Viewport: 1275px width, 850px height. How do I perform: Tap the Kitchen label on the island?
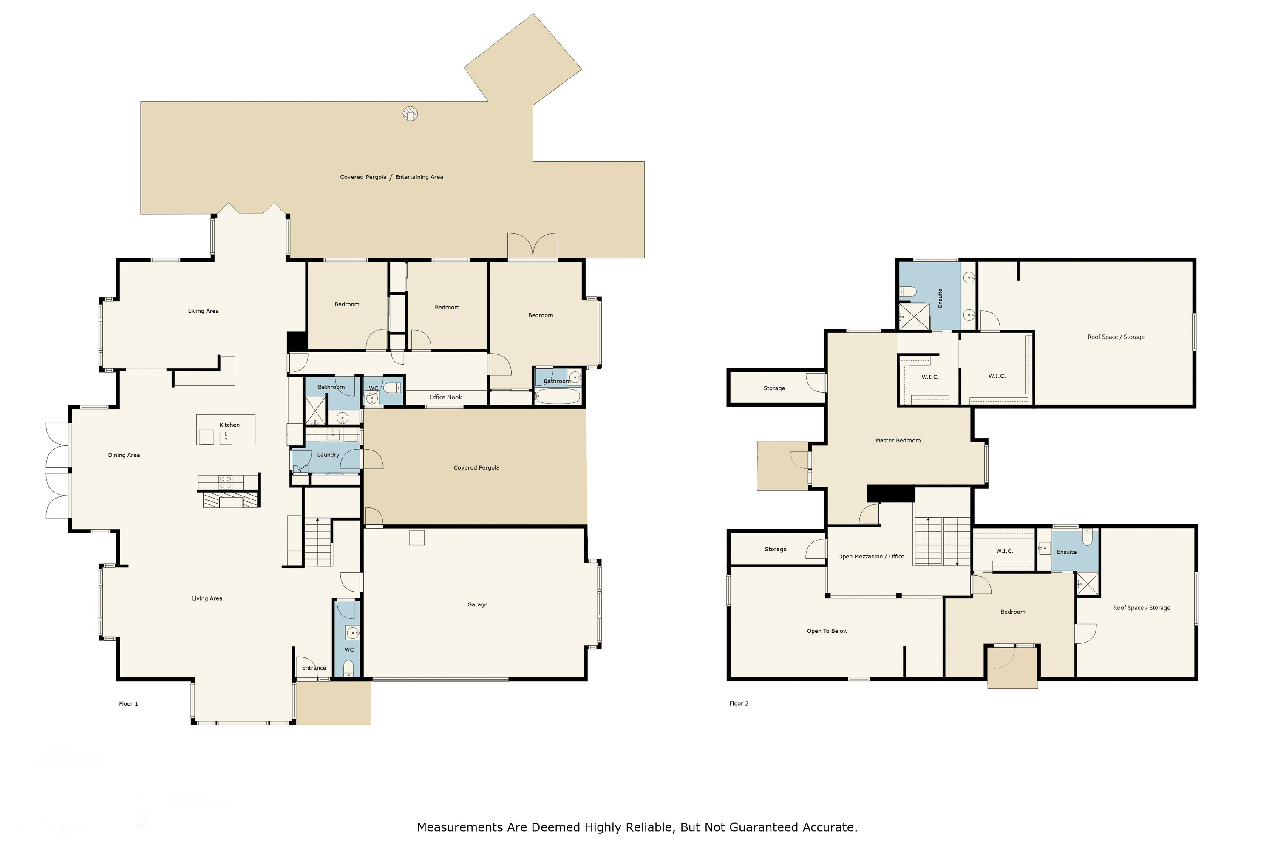(229, 425)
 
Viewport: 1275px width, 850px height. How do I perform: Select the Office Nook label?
(445, 397)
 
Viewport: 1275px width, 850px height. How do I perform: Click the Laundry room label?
(328, 455)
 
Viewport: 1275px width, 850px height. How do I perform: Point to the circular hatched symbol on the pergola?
(411, 114)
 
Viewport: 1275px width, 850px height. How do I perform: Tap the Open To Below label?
(827, 631)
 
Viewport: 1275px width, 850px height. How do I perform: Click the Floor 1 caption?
(128, 704)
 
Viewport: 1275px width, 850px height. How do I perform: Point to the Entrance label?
(314, 668)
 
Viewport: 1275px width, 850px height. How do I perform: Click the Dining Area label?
(124, 455)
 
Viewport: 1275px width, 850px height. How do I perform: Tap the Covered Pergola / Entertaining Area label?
(391, 177)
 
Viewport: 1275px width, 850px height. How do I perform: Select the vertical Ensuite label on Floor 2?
(940, 298)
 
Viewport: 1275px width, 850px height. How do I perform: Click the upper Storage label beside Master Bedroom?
(773, 388)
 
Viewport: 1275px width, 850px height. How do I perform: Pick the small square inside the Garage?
(416, 537)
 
